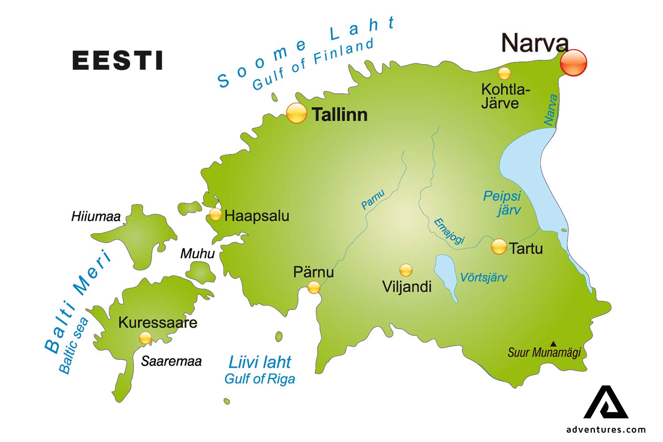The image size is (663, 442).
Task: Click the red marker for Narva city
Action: [x=573, y=63]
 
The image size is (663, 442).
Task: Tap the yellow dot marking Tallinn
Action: [x=296, y=113]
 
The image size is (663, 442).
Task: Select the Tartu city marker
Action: [x=499, y=247]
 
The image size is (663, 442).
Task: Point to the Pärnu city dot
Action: [x=314, y=288]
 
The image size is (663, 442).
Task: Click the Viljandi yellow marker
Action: [x=406, y=270]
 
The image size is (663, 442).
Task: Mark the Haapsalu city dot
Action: [x=215, y=215]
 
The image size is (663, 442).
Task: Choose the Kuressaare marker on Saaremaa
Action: [x=145, y=338]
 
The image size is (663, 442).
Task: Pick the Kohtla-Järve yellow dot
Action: [x=504, y=73]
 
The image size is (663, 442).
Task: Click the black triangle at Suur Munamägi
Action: [x=553, y=343]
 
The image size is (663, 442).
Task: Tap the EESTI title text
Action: [x=118, y=61]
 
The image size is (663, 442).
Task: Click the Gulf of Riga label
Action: [x=259, y=379]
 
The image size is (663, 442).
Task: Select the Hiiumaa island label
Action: [x=96, y=217]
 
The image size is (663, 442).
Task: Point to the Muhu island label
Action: [x=197, y=254]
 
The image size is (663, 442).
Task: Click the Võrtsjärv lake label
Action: [x=484, y=278]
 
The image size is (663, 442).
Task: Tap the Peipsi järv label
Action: [x=503, y=202]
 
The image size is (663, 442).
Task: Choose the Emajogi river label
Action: [x=449, y=231]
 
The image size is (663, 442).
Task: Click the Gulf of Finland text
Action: [x=313, y=64]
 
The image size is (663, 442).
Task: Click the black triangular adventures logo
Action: [x=606, y=403]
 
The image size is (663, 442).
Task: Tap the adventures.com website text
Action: [x=606, y=430]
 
